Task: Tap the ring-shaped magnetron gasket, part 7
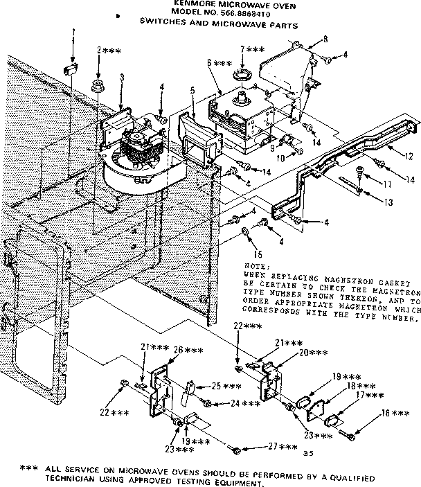(x=243, y=74)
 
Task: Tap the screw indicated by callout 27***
(x=240, y=450)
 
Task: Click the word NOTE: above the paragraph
(x=253, y=266)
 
